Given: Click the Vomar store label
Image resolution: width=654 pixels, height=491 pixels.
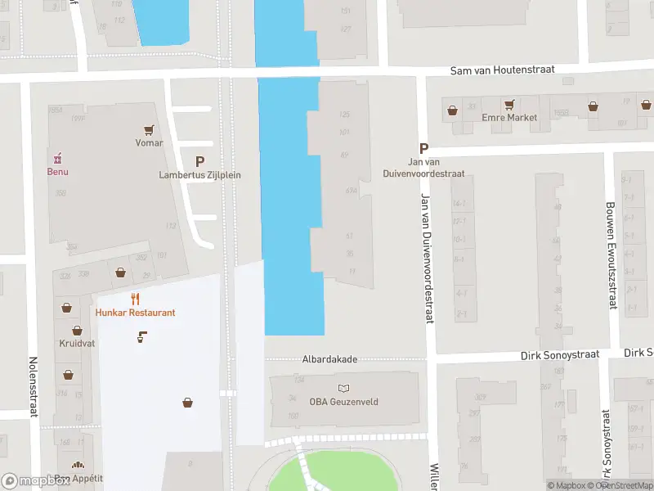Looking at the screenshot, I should pyautogui.click(x=149, y=143).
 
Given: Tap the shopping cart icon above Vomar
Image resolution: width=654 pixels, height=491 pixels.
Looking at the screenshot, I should pyautogui.click(x=149, y=129).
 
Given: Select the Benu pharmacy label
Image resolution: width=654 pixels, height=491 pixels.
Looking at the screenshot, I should pyautogui.click(x=57, y=172).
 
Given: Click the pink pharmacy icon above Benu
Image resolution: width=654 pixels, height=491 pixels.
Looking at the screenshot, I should pyautogui.click(x=57, y=158).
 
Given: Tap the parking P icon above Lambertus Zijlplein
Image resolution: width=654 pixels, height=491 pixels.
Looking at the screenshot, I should pyautogui.click(x=199, y=162).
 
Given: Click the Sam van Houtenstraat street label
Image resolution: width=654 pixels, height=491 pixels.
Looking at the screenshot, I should pyautogui.click(x=502, y=70).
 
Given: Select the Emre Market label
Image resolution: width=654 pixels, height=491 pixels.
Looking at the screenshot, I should pyautogui.click(x=510, y=118).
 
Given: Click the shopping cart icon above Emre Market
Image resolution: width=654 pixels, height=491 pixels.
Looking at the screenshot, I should pyautogui.click(x=510, y=105).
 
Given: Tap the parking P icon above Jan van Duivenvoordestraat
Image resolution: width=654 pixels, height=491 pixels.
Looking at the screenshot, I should pyautogui.click(x=423, y=148).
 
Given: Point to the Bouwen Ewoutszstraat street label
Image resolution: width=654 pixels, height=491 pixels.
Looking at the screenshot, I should pyautogui.click(x=610, y=255).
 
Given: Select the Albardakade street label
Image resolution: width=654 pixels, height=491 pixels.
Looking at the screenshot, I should pyautogui.click(x=330, y=359).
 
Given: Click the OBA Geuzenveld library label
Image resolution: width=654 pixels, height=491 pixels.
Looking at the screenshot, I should pyautogui.click(x=343, y=402).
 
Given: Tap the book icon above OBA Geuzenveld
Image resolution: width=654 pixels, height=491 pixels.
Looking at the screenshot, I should pyautogui.click(x=343, y=388).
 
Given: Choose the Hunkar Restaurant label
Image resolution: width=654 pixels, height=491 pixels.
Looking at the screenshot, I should pyautogui.click(x=135, y=313).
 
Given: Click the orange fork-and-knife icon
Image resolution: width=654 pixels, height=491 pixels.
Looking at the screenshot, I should pyautogui.click(x=136, y=299).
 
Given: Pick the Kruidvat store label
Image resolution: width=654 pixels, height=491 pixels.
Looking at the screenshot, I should pyautogui.click(x=77, y=344).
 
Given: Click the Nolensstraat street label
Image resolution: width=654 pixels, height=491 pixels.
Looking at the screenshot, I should pyautogui.click(x=34, y=387).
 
